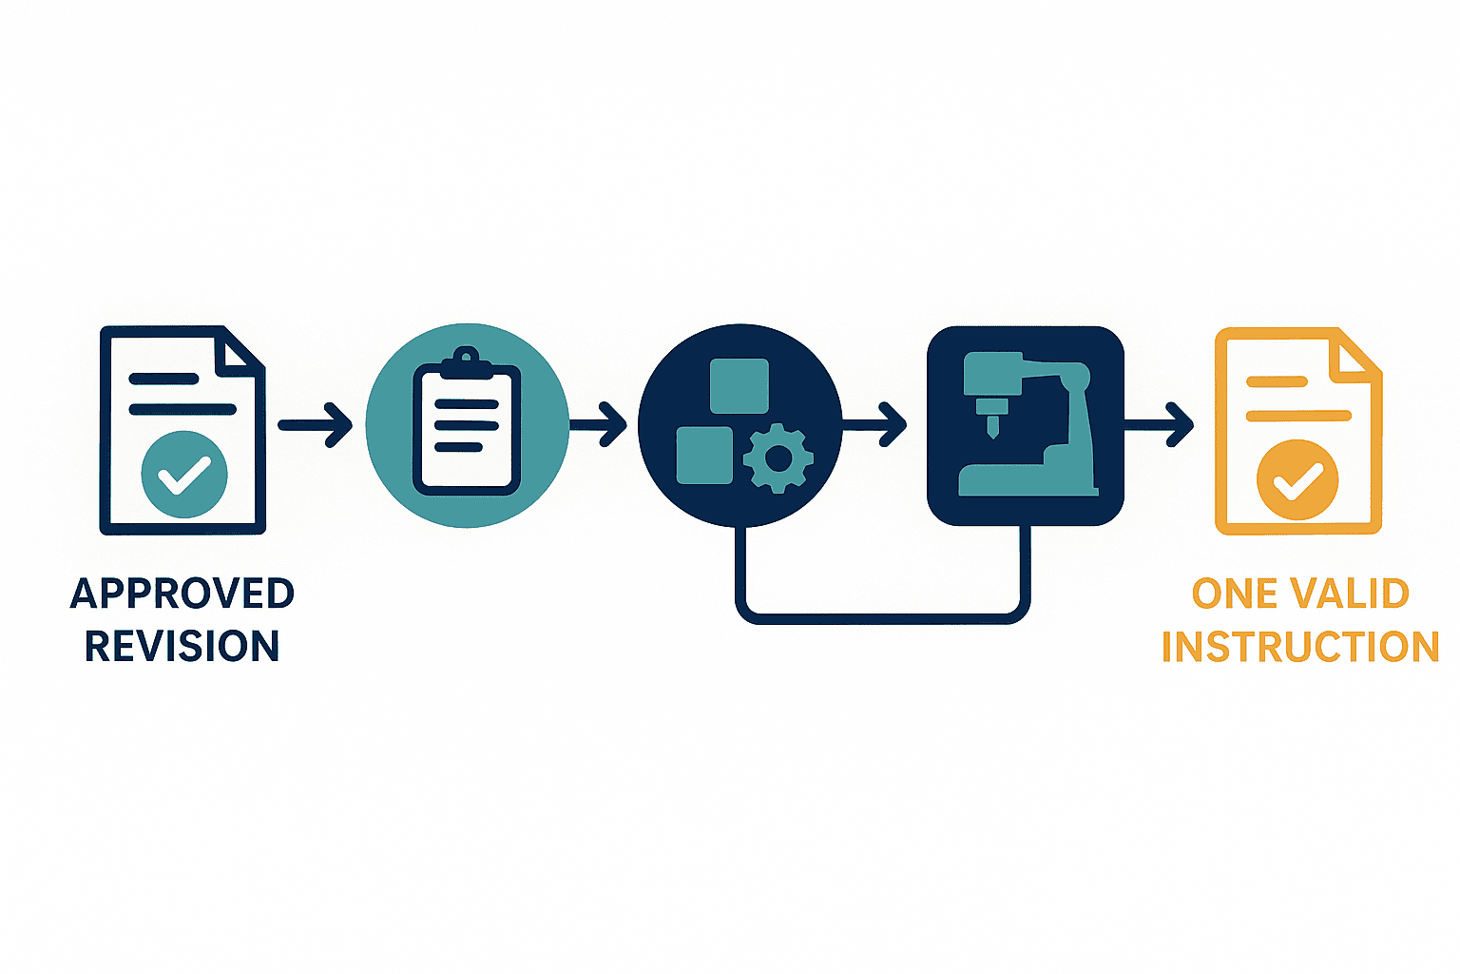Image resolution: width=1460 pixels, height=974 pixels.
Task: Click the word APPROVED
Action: coord(182,593)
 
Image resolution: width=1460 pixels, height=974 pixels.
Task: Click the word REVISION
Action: coord(182,646)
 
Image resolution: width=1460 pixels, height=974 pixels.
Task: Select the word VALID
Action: coord(1350,593)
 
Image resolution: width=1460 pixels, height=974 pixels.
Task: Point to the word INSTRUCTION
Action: coord(1300,646)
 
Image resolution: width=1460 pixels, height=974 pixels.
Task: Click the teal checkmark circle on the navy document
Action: coord(184,475)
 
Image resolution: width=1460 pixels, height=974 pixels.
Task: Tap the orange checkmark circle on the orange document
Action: coord(1297,479)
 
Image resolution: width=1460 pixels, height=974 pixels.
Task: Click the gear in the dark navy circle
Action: coord(778,458)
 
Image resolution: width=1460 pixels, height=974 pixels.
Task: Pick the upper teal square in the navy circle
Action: coord(740,385)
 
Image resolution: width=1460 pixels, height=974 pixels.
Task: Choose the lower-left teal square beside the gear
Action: coord(704,456)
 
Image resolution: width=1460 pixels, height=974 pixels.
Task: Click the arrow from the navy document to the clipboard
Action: coord(316,425)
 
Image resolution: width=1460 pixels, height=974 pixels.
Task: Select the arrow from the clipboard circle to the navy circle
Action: coord(598,424)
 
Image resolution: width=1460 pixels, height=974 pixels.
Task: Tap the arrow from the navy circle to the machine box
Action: coord(874,424)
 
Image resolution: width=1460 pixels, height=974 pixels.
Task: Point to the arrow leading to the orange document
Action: coord(1159,424)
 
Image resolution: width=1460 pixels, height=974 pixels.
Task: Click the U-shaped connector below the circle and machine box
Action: coord(882,619)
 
